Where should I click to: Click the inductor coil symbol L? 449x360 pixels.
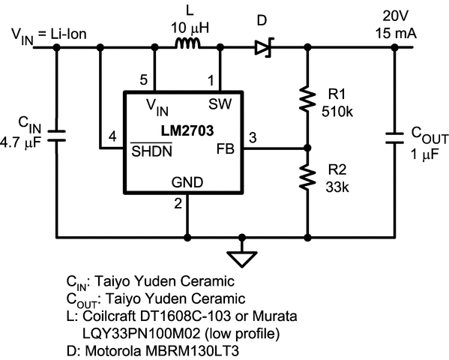coord(188,47)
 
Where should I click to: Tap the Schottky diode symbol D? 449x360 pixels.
coord(262,49)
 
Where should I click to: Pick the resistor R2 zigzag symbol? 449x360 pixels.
coord(307,176)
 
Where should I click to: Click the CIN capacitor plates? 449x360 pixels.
coord(57,136)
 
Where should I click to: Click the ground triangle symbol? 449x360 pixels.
coord(242,256)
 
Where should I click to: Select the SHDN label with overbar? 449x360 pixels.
coord(149,149)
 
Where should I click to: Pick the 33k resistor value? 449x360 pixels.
coord(339,187)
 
